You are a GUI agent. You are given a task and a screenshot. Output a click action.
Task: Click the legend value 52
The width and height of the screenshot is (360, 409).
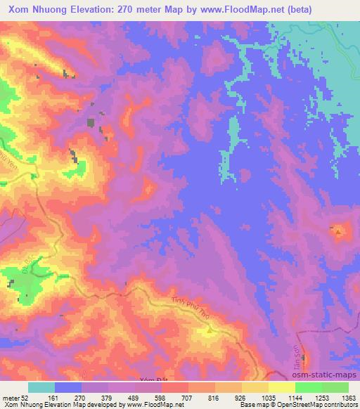(26, 397)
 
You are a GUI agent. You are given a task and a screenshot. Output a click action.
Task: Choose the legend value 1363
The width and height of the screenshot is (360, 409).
(349, 397)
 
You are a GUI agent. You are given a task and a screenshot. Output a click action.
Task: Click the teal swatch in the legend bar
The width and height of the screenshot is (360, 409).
(41, 387)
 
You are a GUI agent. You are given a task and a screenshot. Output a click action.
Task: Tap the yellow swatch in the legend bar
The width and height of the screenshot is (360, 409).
(281, 387)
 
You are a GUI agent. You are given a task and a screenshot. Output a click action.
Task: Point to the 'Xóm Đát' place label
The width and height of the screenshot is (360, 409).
(150, 379)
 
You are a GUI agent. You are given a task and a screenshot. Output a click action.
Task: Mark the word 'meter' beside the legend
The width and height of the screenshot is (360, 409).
(10, 397)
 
